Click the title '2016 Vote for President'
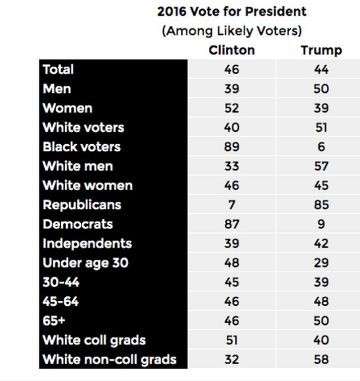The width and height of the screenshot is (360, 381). coord(231,12)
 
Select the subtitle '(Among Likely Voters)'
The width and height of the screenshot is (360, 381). coord(231,31)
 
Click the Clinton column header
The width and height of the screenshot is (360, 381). coord(231,50)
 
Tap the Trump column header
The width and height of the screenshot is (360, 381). coord(321,51)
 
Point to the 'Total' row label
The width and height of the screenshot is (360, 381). coord(58,70)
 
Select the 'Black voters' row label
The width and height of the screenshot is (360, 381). coord(81,147)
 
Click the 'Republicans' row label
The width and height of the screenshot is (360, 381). coord(81,205)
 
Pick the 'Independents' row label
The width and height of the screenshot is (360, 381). coord(87,244)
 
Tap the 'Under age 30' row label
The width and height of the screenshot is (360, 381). coord(85,263)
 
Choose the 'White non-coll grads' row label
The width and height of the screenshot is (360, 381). coord(109,359)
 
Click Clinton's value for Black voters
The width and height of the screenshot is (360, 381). coord(231,147)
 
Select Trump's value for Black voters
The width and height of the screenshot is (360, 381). coord(321,147)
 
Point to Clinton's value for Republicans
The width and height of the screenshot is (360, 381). coord(231,205)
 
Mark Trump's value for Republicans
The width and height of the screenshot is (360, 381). coord(321,205)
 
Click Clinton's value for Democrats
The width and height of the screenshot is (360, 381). coord(231,224)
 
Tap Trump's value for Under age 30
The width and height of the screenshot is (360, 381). coord(321,263)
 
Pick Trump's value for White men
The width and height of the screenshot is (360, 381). coord(321,166)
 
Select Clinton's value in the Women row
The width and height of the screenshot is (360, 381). coord(231,108)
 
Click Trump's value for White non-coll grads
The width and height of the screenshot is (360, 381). coord(321,359)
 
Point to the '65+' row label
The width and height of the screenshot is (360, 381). coord(54,321)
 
